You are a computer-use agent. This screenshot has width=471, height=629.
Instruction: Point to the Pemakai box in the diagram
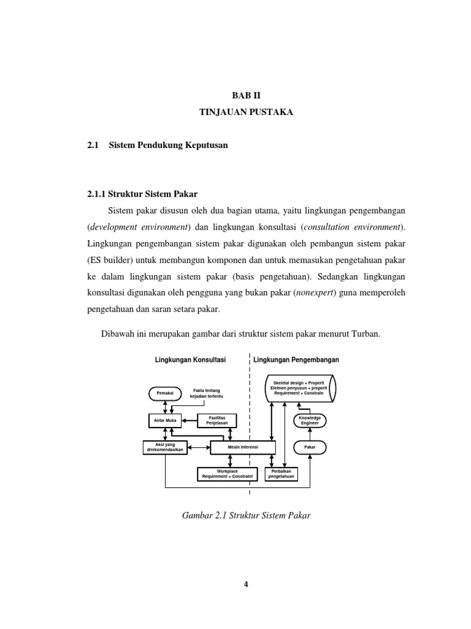(162, 393)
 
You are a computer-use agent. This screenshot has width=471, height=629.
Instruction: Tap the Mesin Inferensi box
(243, 447)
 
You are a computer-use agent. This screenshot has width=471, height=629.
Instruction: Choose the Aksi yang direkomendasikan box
(164, 447)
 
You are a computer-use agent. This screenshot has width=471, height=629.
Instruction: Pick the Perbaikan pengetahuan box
(281, 474)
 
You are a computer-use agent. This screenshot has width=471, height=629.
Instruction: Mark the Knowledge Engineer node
(310, 421)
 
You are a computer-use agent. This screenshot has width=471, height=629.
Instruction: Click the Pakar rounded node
(310, 447)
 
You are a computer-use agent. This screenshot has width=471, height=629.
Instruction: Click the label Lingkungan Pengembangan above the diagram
(296, 359)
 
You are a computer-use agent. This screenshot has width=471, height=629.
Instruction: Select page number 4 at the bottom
(245, 584)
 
